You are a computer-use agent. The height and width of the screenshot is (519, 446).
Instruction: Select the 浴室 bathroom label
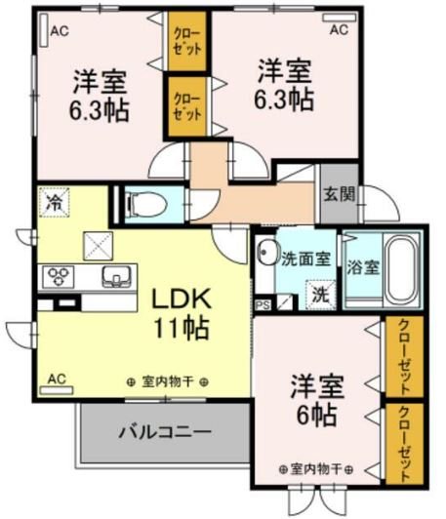pos(363,266)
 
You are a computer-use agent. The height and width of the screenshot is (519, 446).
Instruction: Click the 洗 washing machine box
pos(319,290)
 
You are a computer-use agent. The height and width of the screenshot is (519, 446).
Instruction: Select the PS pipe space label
pos(262,304)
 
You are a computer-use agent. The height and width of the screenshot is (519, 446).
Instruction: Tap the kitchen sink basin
pos(114,276)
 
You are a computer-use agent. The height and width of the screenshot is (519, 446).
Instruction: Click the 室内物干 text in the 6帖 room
pos(313,468)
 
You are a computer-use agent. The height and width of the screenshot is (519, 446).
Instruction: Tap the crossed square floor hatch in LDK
pos(99,244)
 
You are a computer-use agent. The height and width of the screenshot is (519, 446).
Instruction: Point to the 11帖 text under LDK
pos(178,328)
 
